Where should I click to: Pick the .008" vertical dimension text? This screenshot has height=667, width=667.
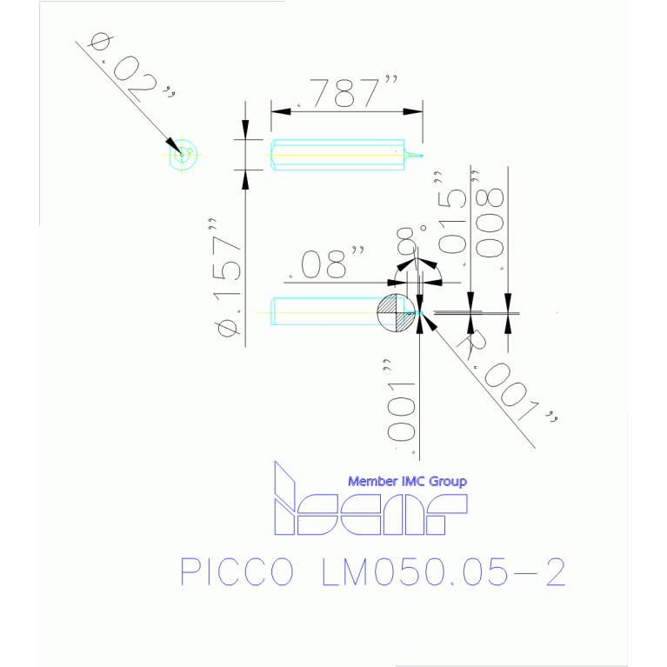click(492, 221)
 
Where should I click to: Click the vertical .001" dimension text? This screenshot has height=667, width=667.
click(401, 408)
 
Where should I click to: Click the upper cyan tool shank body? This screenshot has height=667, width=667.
click(337, 155)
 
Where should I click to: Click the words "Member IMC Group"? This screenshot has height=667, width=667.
click(407, 481)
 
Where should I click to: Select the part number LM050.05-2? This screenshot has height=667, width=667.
click(444, 572)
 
